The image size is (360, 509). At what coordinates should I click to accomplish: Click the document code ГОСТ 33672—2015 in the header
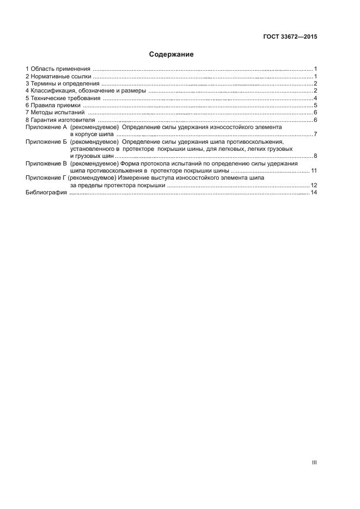[290, 37]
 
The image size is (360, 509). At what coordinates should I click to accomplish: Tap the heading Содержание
[172, 54]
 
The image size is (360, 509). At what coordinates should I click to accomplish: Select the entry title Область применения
[60, 69]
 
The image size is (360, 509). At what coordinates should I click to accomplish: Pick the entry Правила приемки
[56, 105]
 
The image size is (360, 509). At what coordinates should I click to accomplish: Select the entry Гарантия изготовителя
[63, 119]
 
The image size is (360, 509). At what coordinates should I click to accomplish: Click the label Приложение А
[46, 127]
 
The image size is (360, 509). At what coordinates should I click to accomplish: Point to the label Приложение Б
[46, 142]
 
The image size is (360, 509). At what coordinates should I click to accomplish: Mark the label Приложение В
[46, 163]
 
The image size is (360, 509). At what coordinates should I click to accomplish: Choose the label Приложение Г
[46, 178]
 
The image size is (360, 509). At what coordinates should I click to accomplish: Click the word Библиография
[46, 193]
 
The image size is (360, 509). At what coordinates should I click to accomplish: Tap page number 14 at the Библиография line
[314, 193]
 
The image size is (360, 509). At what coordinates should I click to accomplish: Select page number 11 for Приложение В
[314, 171]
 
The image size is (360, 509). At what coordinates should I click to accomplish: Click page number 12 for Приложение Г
[314, 186]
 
